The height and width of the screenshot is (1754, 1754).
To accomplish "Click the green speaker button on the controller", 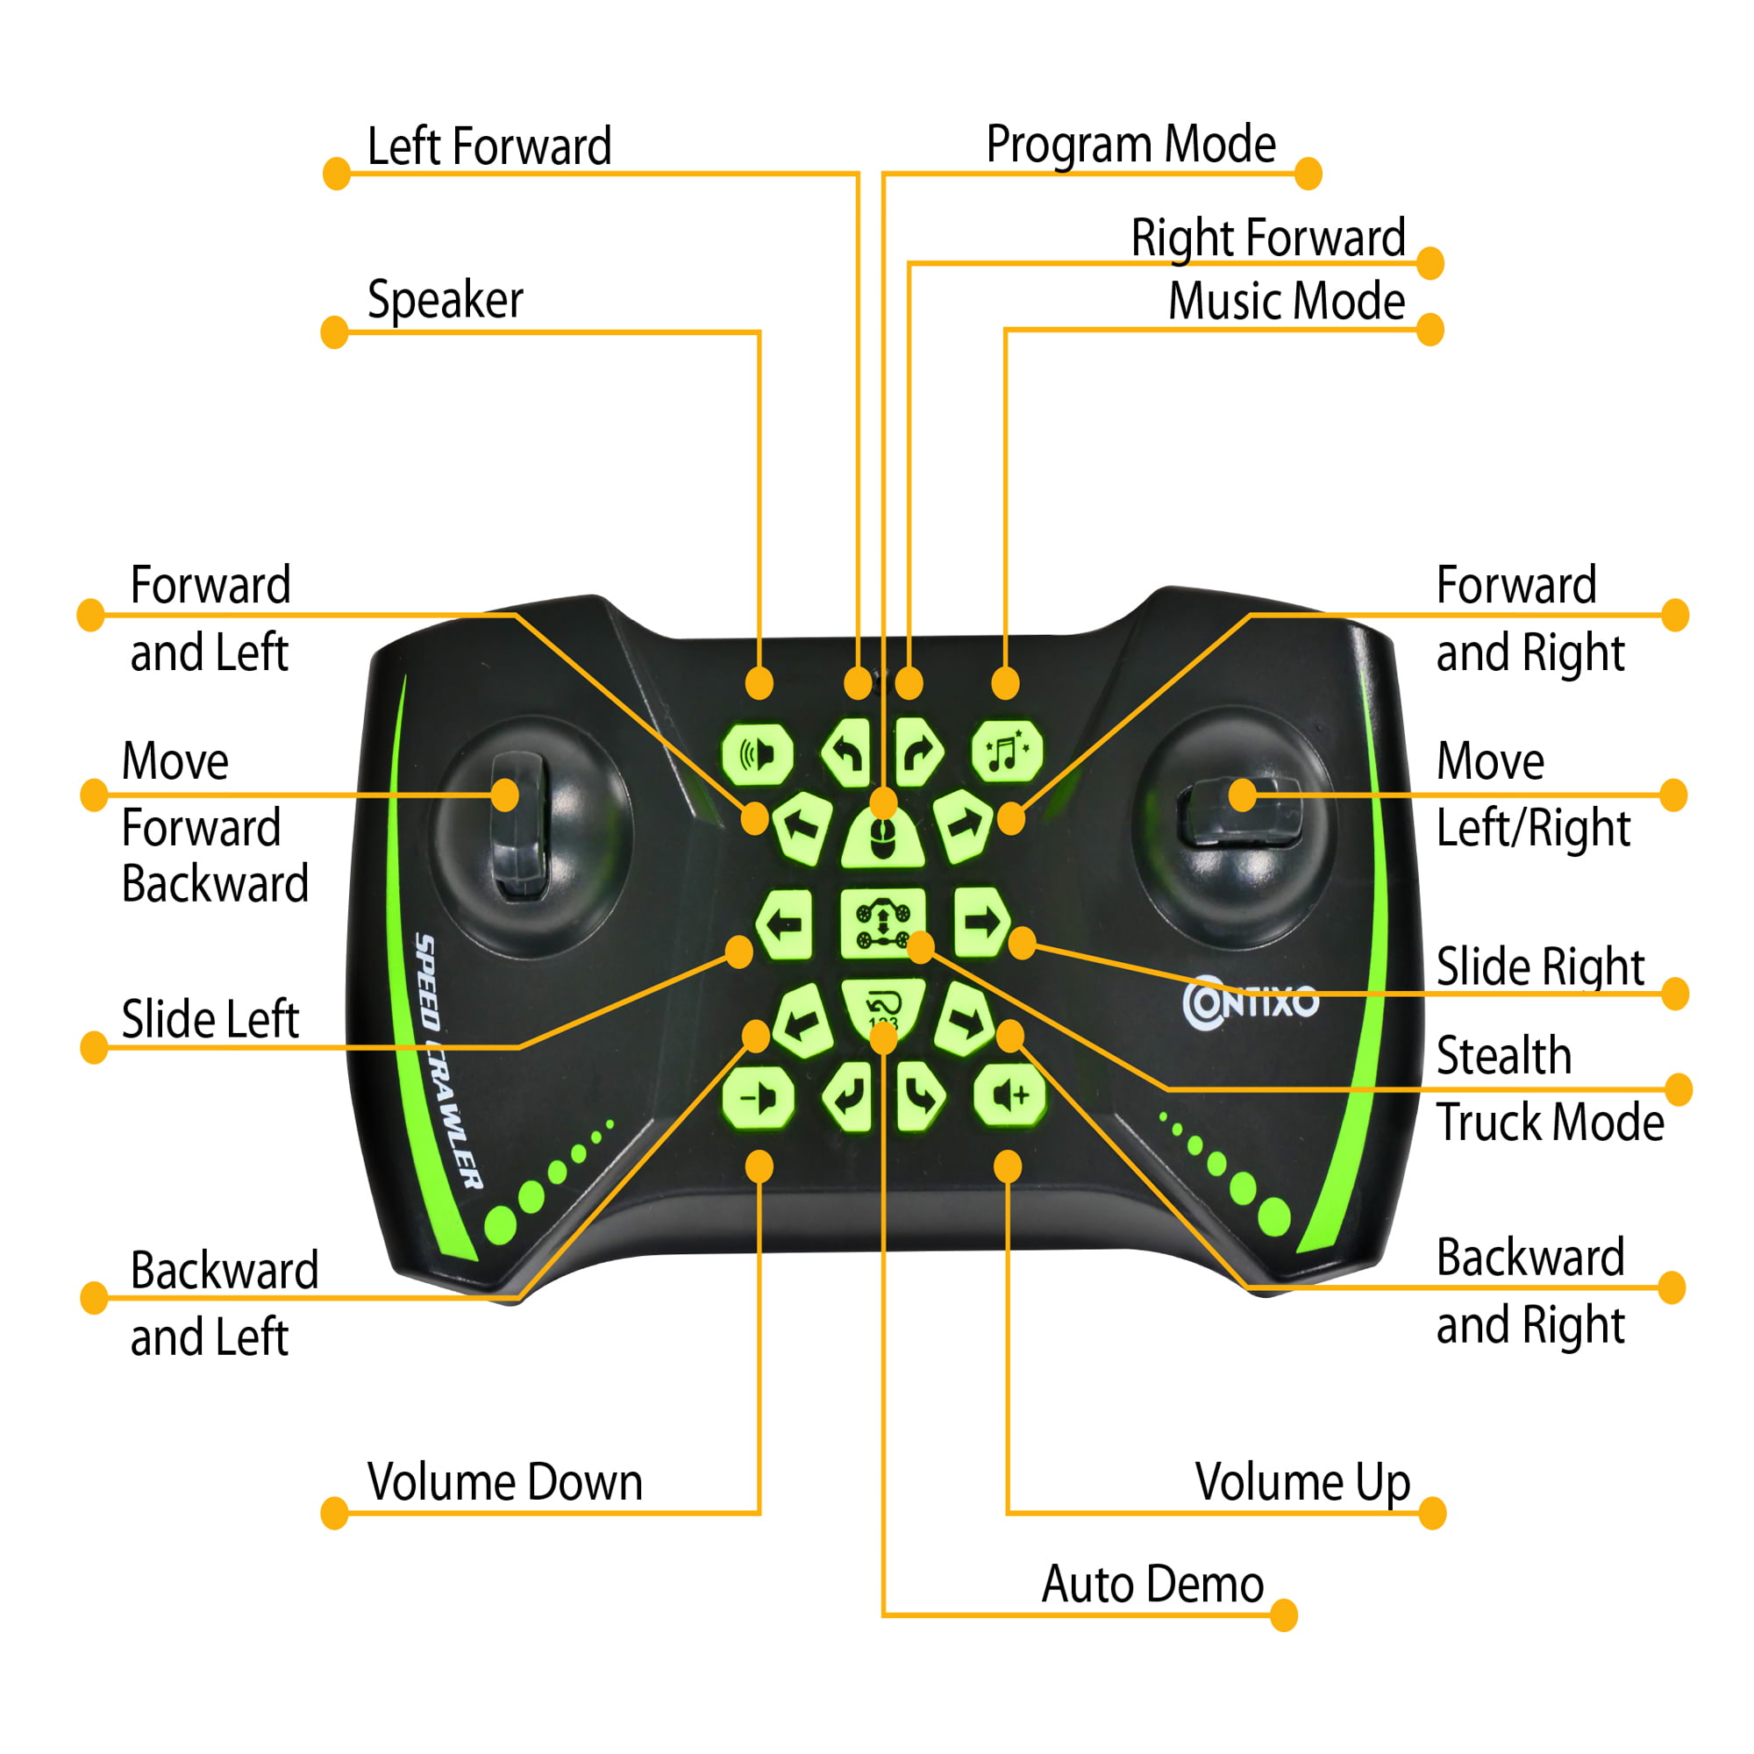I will [x=756, y=753].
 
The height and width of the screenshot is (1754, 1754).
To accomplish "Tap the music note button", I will [x=1006, y=752].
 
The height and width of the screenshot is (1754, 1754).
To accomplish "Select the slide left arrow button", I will [x=784, y=924].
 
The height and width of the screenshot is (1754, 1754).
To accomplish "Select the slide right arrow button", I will [x=980, y=923].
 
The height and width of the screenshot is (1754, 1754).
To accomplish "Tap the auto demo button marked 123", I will [x=882, y=1006].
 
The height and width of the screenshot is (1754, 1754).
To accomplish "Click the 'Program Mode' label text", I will [x=1130, y=145].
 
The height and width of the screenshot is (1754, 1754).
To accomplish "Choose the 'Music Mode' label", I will [x=1286, y=302].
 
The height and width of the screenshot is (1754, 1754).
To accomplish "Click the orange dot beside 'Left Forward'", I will [x=337, y=174].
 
